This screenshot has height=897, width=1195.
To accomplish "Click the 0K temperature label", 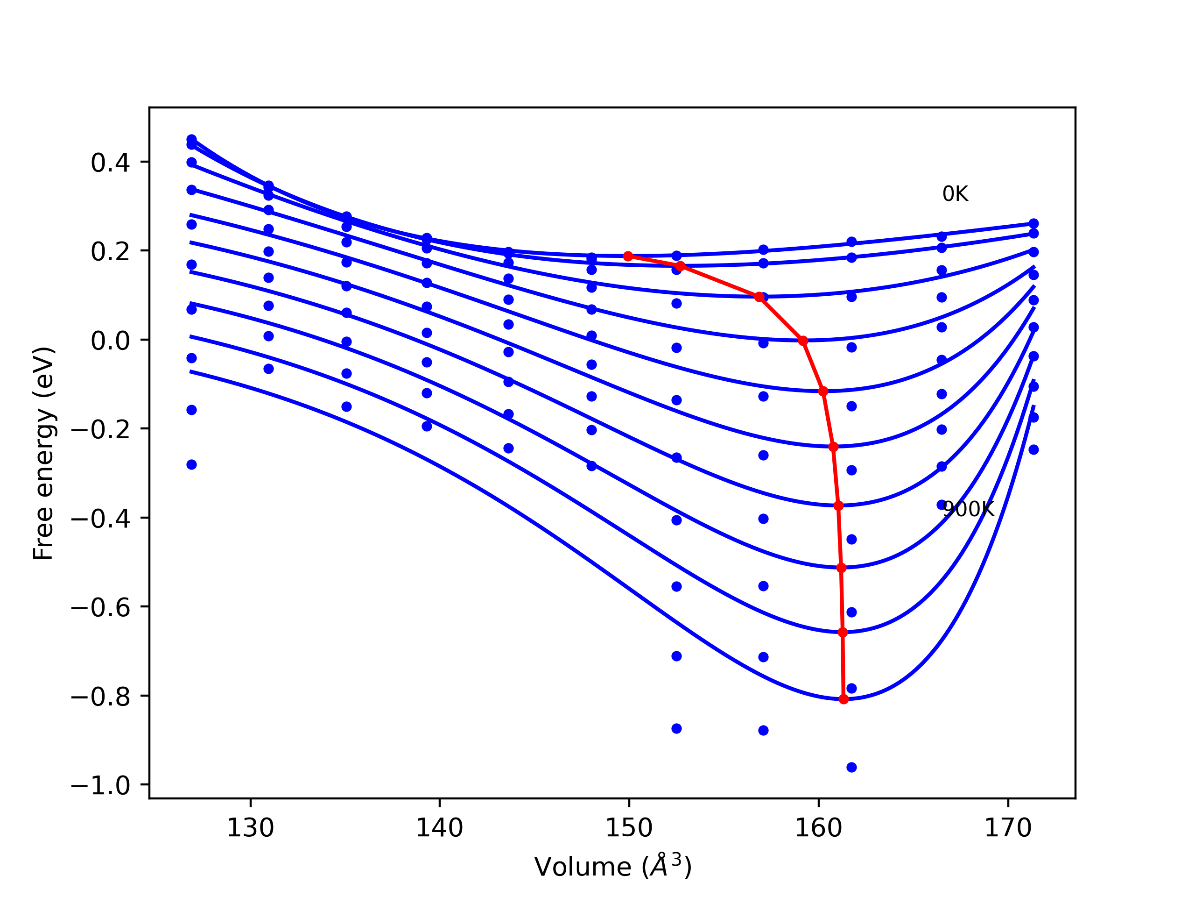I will point(955,194).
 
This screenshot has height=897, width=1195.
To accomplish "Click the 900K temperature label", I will point(968,509).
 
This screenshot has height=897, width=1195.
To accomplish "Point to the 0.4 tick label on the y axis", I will point(110,163).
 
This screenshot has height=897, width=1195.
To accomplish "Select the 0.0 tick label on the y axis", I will point(110,341).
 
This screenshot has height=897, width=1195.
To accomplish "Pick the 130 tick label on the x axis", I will point(250,828).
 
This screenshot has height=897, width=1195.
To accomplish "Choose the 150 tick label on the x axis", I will point(629,828).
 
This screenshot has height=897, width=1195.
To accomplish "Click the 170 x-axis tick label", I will point(1008,828).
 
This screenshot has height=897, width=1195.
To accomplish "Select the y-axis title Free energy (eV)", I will point(43,453).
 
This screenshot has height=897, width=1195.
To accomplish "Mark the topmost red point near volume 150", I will point(628,256).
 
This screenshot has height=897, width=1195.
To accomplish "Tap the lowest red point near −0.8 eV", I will point(844,700).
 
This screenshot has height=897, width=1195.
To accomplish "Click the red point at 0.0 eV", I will point(803,341).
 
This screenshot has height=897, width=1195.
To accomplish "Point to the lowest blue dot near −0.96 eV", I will point(851,768).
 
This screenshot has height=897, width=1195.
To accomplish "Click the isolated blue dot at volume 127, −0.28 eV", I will point(191,465).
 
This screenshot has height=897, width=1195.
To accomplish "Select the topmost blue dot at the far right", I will point(1033,224).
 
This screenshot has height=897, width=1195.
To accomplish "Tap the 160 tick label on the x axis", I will point(818,828).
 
